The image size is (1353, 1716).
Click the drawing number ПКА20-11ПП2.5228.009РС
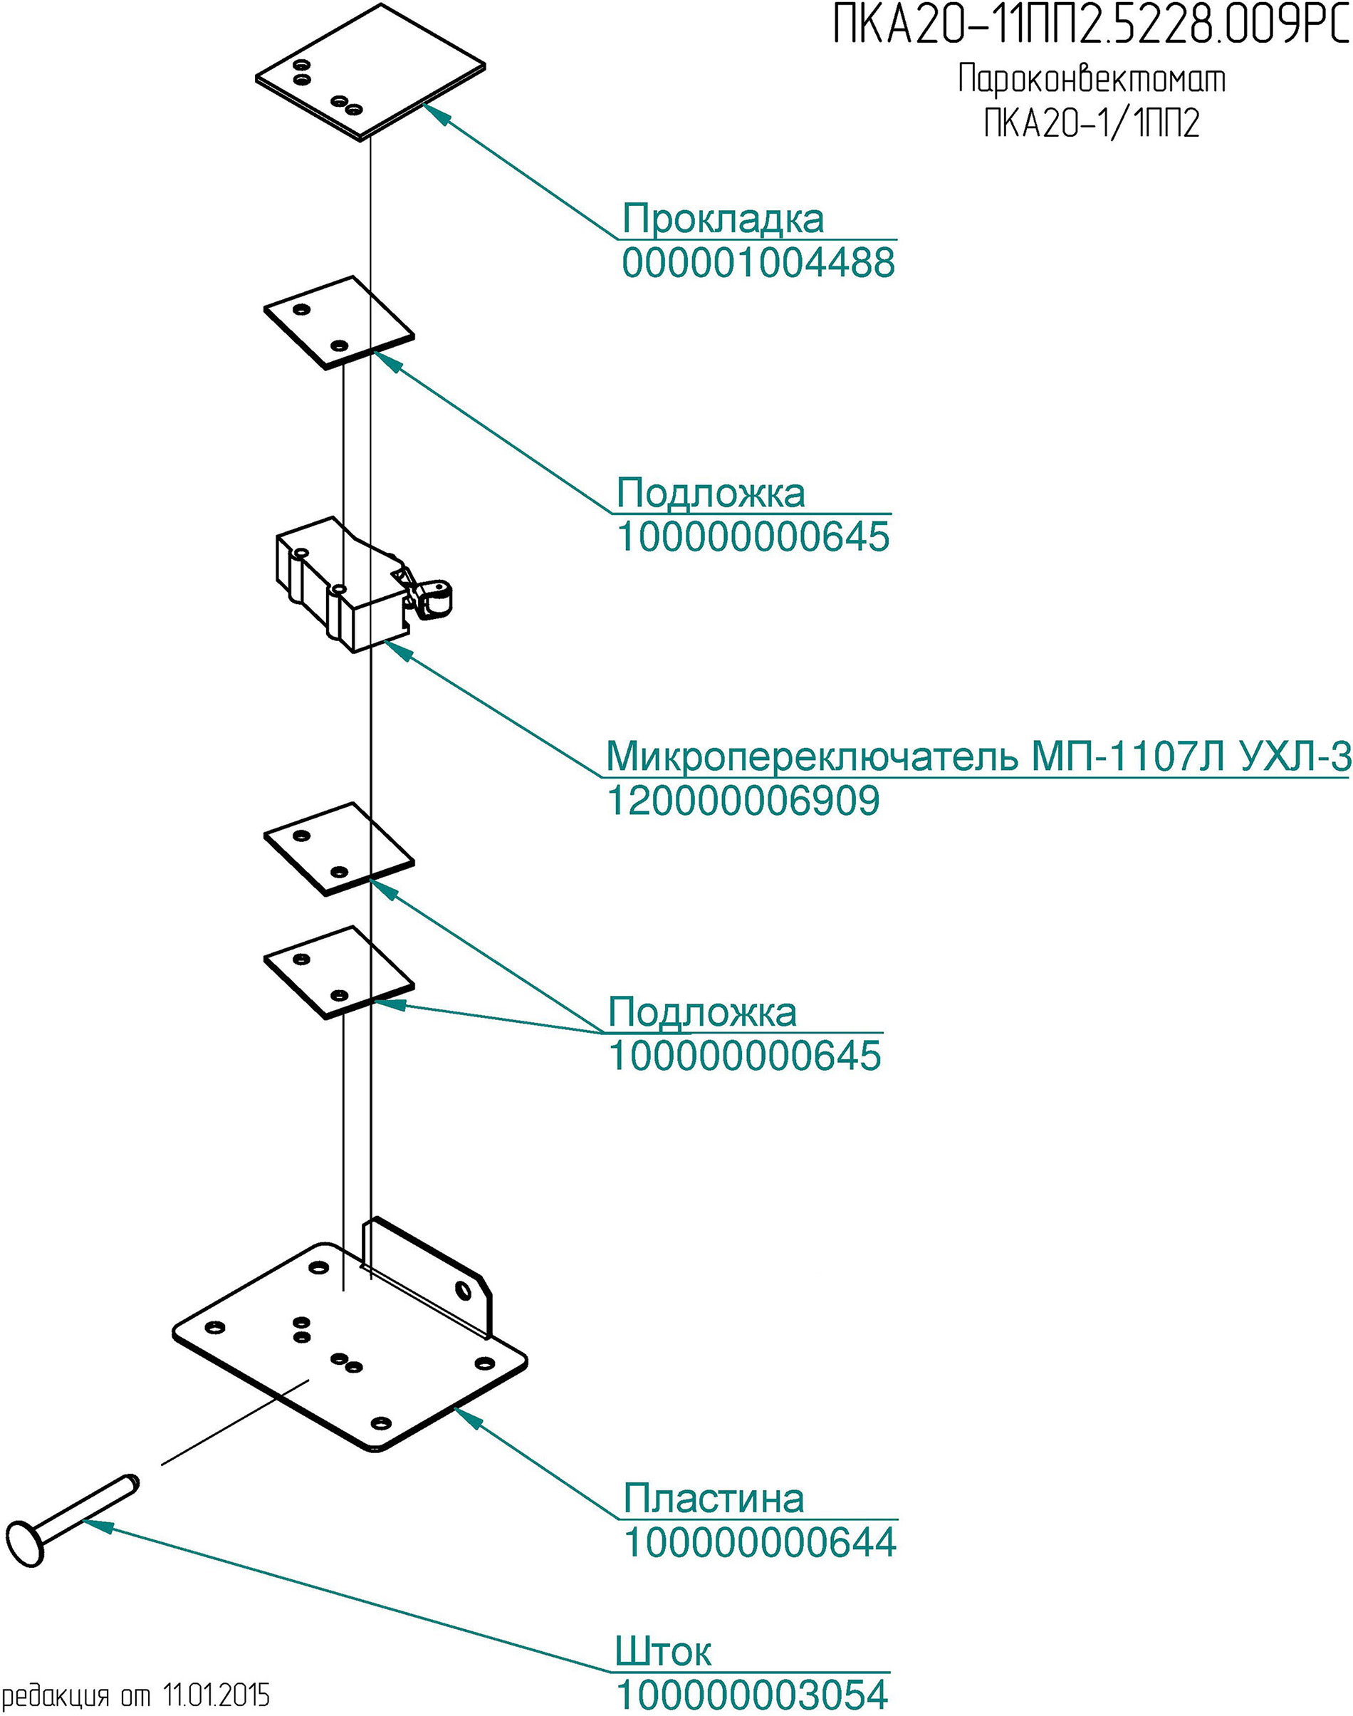point(1091,26)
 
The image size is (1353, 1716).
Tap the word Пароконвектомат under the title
point(1092,80)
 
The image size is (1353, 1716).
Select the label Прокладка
point(723,219)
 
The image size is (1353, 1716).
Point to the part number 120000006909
point(743,800)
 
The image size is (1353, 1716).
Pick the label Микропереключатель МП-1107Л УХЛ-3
point(978,756)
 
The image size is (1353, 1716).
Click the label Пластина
point(714,1498)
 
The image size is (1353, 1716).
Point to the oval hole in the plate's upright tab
point(463,1292)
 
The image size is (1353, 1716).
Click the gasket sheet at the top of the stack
point(370,71)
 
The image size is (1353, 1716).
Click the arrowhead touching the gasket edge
point(438,114)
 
